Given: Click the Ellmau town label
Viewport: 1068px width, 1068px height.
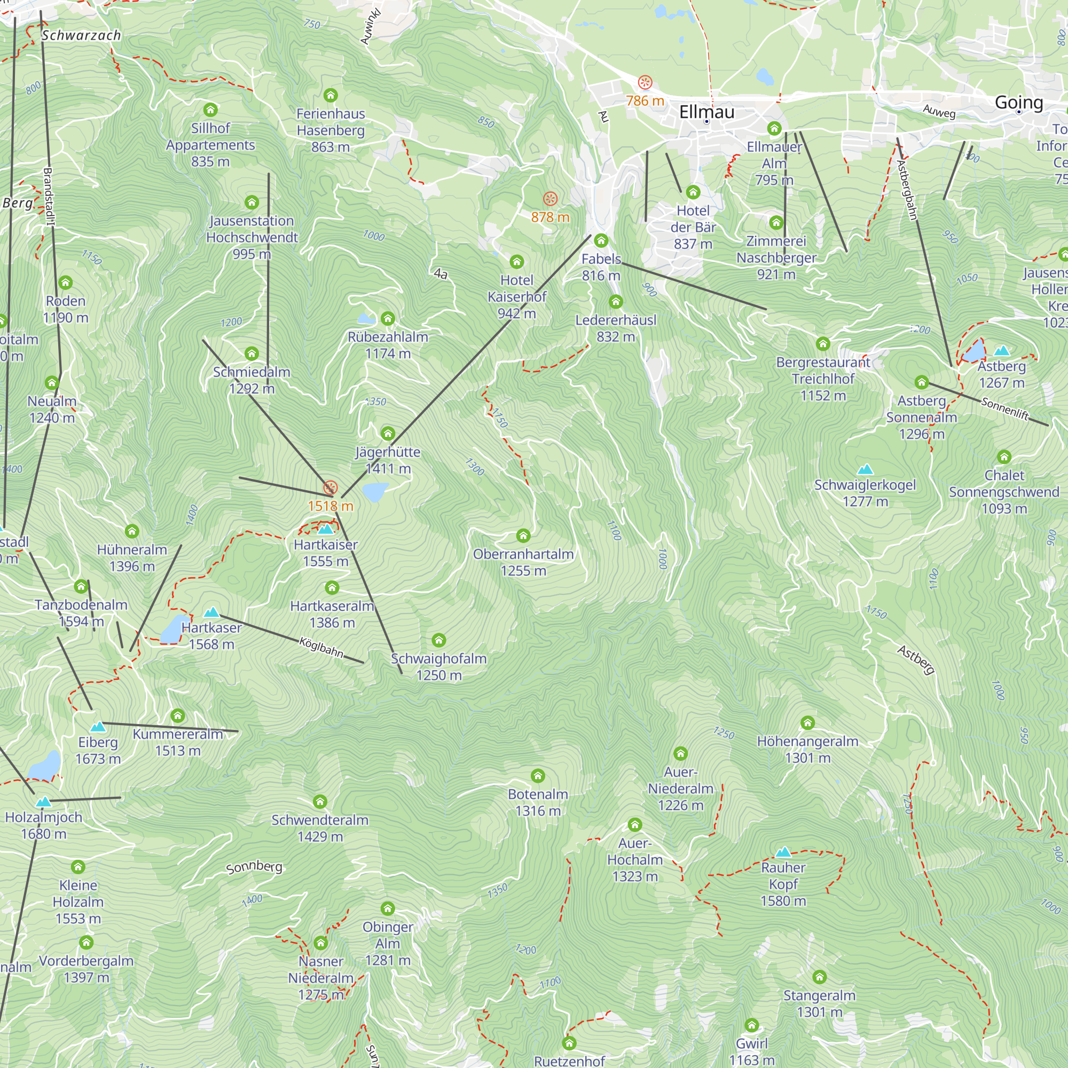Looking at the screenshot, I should (x=706, y=112).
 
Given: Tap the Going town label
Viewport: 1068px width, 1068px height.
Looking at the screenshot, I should (x=1018, y=103).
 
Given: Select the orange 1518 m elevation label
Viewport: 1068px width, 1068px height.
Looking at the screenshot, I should (x=330, y=506).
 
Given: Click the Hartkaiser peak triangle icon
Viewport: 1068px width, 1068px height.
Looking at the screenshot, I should (x=326, y=530).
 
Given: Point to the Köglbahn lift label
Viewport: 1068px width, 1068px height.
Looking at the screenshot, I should (x=321, y=647).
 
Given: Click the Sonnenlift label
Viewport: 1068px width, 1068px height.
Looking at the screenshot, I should (x=1004, y=409).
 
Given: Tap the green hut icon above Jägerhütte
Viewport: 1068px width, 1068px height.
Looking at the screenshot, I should (x=388, y=434).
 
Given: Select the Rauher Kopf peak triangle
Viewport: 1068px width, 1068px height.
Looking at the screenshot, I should (x=783, y=852).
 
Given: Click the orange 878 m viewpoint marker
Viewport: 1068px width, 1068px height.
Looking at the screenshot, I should (x=549, y=199).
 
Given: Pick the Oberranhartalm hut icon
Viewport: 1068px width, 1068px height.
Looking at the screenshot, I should (x=523, y=536).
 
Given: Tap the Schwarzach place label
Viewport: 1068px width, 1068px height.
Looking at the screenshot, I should (x=81, y=35).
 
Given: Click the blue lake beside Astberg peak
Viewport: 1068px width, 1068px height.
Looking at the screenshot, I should (x=973, y=351).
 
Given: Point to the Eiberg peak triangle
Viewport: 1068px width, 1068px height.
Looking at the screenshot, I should (x=97, y=726).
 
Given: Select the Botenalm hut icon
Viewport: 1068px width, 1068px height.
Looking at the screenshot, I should (x=537, y=775).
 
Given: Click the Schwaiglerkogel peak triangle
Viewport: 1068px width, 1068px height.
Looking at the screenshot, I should (x=865, y=470).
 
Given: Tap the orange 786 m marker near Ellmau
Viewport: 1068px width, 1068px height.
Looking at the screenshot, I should (x=645, y=83).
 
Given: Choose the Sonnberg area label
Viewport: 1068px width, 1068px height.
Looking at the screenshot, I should (x=254, y=867).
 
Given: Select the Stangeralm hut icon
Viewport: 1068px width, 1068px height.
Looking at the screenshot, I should (x=819, y=977).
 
